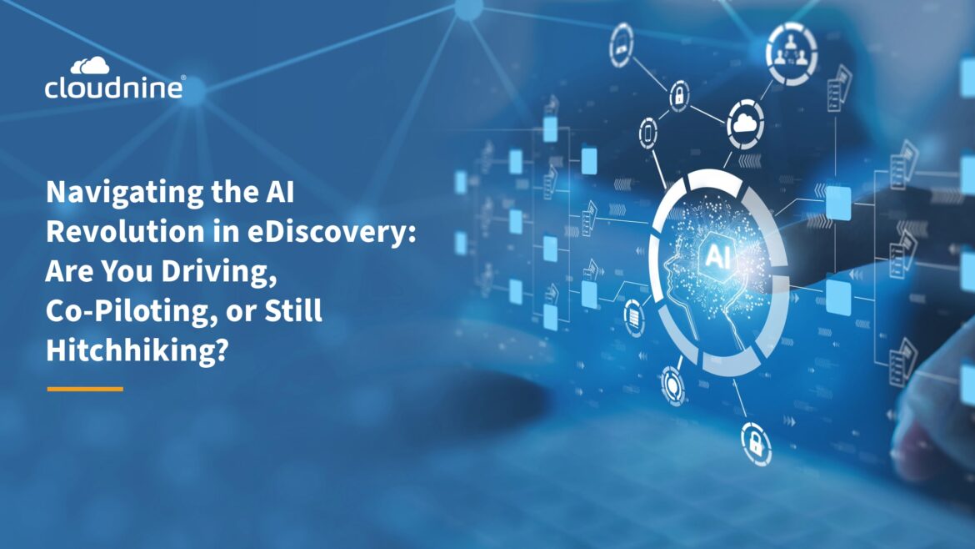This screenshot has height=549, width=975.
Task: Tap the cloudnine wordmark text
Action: [114, 88]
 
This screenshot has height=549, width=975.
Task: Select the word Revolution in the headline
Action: [125, 232]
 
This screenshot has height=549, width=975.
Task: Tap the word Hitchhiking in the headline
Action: [129, 350]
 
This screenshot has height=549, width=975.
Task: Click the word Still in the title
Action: [292, 310]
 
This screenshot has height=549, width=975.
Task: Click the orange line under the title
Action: [85, 389]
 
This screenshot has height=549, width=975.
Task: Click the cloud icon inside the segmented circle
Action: [745, 123]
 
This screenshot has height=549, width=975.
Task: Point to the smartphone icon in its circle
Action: [648, 133]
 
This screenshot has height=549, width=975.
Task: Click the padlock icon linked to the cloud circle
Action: [679, 96]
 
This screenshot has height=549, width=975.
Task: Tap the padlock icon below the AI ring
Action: [756, 444]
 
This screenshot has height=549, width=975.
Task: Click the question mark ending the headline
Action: [222, 350]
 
